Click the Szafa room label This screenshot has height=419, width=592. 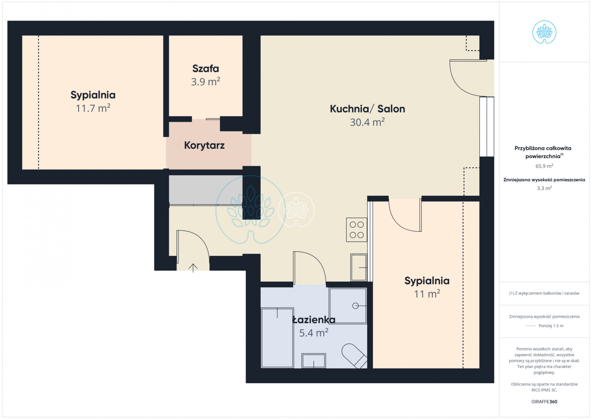tap(206, 69)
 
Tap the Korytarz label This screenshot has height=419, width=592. tap(204, 145)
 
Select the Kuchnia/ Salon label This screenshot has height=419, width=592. tap(367, 109)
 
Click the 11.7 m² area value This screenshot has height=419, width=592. tap(93, 108)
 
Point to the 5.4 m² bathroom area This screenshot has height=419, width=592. tap(314, 333)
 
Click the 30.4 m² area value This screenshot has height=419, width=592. tap(367, 122)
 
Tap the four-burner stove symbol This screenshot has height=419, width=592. tap(357, 230)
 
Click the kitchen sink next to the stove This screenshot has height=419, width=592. tap(359, 267)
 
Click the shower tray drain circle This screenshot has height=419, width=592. tap(355, 306)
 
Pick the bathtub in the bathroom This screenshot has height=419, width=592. tap(277, 338)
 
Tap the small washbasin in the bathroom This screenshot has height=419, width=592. tap(314, 361)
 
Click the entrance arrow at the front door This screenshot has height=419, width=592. tap(193, 268)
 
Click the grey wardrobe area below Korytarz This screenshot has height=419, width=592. tap(206, 190)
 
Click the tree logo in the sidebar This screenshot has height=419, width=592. tap(544, 32)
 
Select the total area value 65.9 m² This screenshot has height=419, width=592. tap(544, 166)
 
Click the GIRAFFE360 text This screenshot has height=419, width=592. tap(544, 401)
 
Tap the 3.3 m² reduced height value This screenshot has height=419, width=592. tap(544, 188)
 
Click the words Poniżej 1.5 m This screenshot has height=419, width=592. tap(551, 326)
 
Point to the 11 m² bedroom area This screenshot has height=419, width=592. tap(427, 294)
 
